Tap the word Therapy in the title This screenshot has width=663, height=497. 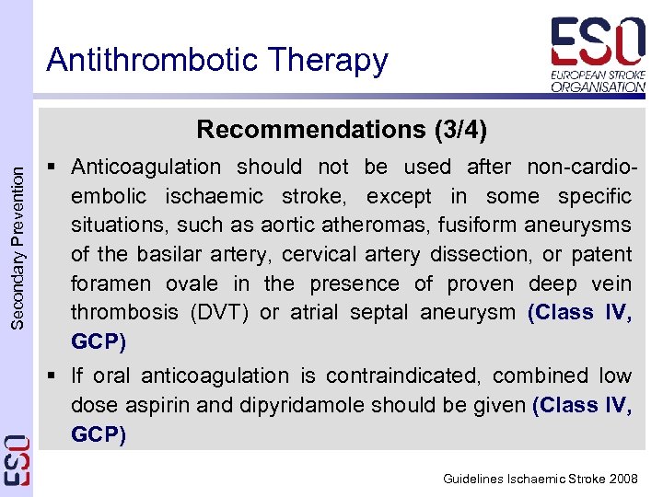click(330, 62)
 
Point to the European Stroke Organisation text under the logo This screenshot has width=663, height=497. click(598, 80)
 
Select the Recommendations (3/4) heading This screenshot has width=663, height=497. click(342, 129)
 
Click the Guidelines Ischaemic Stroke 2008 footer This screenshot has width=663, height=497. click(541, 479)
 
